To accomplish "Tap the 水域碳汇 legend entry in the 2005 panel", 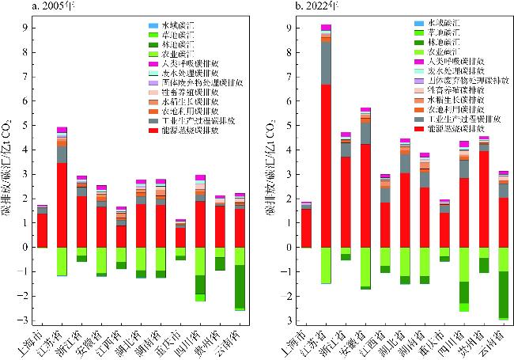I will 168,25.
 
